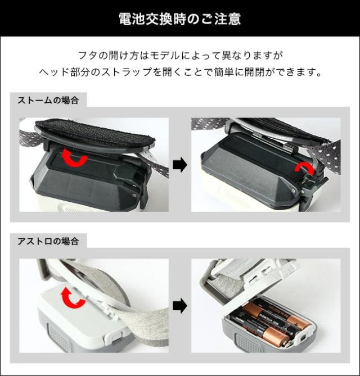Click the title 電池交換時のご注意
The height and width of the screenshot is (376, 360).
point(180,19)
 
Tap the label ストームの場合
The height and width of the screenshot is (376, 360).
point(48,100)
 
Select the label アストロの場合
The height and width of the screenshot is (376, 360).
point(48,241)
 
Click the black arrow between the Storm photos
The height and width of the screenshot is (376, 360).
point(180,165)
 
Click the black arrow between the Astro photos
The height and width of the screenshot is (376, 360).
point(180,306)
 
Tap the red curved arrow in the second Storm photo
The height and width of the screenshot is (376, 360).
point(304,170)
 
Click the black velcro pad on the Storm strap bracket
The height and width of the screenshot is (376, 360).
point(95,133)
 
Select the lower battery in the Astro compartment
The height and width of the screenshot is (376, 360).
point(260,329)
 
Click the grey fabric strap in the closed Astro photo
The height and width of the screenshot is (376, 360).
point(134,312)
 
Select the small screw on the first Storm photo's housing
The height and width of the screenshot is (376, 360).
point(134,195)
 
